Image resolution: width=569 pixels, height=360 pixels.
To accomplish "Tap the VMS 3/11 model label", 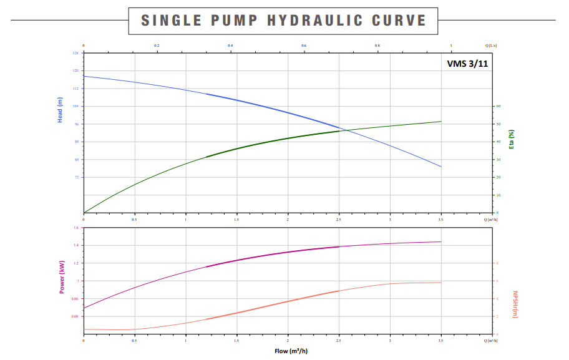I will pos(467,64).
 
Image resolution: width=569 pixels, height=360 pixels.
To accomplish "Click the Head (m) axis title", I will pos(61,110).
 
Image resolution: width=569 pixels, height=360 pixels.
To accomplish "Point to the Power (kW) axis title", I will pos(62,277).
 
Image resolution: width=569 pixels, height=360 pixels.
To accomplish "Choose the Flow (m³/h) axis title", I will pos(291,351).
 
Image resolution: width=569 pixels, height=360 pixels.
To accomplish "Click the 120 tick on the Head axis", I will pos(76,71).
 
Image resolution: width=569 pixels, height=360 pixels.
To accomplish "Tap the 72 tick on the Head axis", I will pos(77,177).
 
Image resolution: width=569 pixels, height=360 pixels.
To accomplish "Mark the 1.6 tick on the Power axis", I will pos(76,228).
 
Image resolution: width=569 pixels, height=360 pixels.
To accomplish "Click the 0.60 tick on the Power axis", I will pos(75,316).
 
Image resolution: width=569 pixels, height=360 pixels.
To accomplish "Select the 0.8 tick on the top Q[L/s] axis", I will pos(377,46).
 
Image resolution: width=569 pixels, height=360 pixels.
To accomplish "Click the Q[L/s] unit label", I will pos(491,46).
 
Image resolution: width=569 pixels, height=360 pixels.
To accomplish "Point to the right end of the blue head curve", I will pos(441,167).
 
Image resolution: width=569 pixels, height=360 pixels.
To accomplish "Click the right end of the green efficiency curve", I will pos(441,121).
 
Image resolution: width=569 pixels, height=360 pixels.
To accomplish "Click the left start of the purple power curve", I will pos(84,308).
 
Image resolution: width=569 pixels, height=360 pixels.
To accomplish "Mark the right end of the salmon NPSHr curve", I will pos(441,283).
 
